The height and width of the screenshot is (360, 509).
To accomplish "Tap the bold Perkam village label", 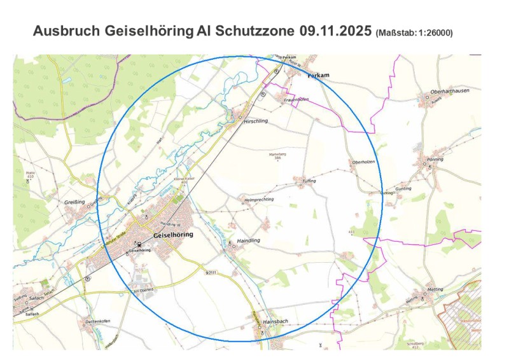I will [318, 75].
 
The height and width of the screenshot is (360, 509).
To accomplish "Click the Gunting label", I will [403, 188].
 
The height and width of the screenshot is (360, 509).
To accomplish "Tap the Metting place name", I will [435, 289].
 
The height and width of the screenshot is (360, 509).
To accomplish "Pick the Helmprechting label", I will [259, 199].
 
